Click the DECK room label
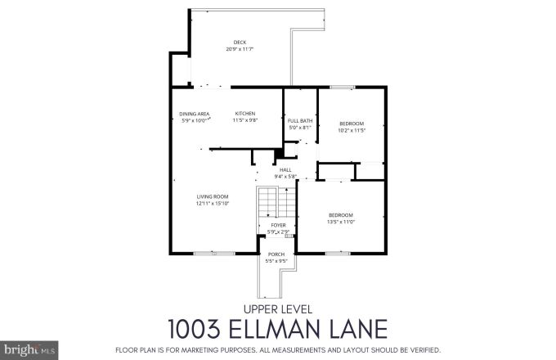click(239, 43)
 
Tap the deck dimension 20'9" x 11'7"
click(239, 49)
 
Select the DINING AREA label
click(195, 114)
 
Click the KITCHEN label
click(245, 114)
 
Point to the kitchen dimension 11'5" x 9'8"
click(245, 120)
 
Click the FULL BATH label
click(299, 121)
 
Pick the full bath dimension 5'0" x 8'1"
click(299, 128)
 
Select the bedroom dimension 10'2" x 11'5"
click(352, 130)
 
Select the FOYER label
click(277, 225)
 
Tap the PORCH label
click(277, 254)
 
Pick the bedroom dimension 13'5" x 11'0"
click(340, 221)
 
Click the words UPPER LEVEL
click(277, 308)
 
